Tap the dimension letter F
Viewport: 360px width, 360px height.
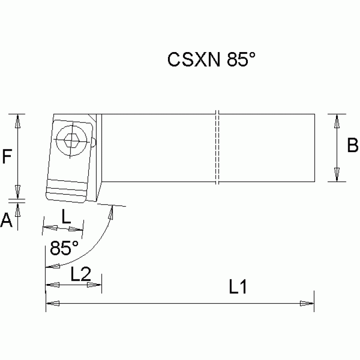click(7, 156)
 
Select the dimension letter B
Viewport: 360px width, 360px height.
click(352, 146)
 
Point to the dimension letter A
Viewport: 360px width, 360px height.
click(6, 220)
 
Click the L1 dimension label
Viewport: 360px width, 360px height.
click(238, 287)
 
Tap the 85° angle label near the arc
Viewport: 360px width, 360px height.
click(64, 248)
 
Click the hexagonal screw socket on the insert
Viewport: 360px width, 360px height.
click(70, 139)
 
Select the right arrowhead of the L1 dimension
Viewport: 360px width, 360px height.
click(307, 304)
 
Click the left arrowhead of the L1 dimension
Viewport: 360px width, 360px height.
click(53, 304)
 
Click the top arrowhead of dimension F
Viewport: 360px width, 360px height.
click(17, 122)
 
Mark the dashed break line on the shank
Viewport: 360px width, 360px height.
click(217, 147)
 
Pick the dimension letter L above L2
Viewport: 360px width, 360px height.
click(66, 216)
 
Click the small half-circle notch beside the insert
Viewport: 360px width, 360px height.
click(95, 142)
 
